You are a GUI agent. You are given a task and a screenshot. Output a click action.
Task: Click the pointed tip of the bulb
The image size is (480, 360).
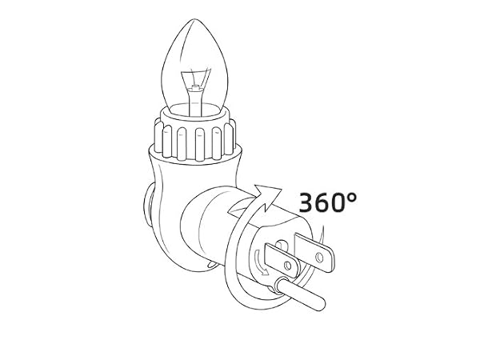click(x=194, y=19)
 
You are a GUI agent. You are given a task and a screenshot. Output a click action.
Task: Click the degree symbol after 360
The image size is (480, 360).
click(x=352, y=197)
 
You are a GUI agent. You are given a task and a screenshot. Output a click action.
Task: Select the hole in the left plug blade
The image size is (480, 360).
click(x=288, y=265)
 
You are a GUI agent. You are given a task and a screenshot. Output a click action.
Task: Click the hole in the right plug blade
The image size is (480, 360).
click(x=319, y=257)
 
